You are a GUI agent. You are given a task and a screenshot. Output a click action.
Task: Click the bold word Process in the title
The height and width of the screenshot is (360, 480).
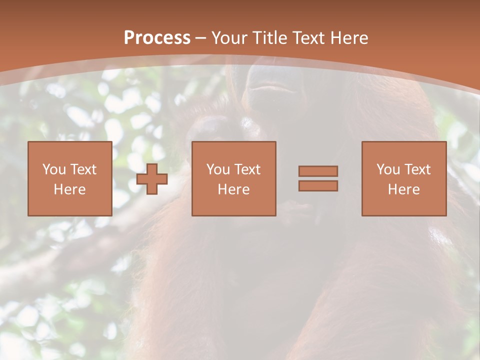[157, 38]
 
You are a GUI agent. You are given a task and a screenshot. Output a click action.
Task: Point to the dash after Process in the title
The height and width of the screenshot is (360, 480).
[201, 39]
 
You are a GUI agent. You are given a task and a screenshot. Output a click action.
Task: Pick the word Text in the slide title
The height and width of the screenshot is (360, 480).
[308, 38]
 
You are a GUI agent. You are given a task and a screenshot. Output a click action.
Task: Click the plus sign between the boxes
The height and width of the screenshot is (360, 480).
[152, 179]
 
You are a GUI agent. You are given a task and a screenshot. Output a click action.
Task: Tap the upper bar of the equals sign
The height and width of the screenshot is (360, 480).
[318, 171]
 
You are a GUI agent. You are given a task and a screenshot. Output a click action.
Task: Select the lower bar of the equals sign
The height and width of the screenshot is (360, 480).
[318, 186]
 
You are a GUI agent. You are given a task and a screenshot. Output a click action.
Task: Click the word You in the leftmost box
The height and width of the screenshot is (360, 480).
[54, 169]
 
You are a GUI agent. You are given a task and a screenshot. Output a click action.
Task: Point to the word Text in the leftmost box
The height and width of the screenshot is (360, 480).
[83, 169]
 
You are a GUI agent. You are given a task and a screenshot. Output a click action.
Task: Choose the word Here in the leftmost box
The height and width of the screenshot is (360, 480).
[69, 189]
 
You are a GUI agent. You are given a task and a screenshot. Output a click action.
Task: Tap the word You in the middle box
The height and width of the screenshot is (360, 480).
[218, 169]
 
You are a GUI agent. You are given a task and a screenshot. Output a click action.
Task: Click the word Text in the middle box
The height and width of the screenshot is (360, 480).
[247, 169]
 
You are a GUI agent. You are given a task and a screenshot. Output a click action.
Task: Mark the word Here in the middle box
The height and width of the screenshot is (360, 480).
[233, 189]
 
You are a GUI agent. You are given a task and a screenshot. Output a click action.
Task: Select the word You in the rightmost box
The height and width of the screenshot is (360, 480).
[388, 169]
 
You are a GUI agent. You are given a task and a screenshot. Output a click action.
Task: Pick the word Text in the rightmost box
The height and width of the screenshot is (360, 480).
[417, 169]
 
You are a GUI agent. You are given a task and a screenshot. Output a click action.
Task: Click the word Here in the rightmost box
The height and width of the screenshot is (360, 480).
[403, 189]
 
